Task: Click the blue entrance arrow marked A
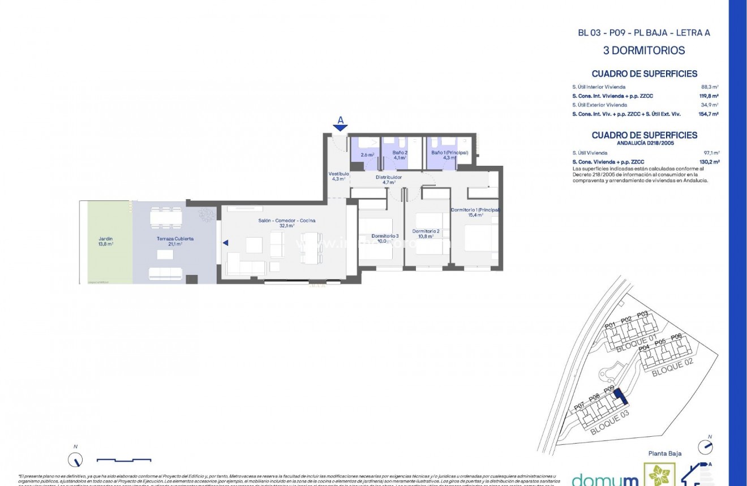pyautogui.click(x=340, y=127)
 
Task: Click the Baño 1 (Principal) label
pyautogui.click(x=449, y=155)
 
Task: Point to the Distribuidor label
pyautogui.click(x=389, y=179)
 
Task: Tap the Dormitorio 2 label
pyautogui.click(x=426, y=234)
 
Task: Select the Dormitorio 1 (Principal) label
pyautogui.click(x=475, y=212)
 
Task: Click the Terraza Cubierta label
pyautogui.click(x=175, y=241)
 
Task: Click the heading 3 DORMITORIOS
pyautogui.click(x=644, y=50)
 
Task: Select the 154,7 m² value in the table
pyautogui.click(x=709, y=114)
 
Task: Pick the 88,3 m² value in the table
pyautogui.click(x=710, y=87)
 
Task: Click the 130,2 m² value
pyautogui.click(x=709, y=162)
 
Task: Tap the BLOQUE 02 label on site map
pyautogui.click(x=672, y=367)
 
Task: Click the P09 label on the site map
pyautogui.click(x=609, y=389)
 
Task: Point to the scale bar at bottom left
pyautogui.click(x=123, y=459)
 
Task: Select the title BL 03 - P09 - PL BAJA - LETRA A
pyautogui.click(x=643, y=33)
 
